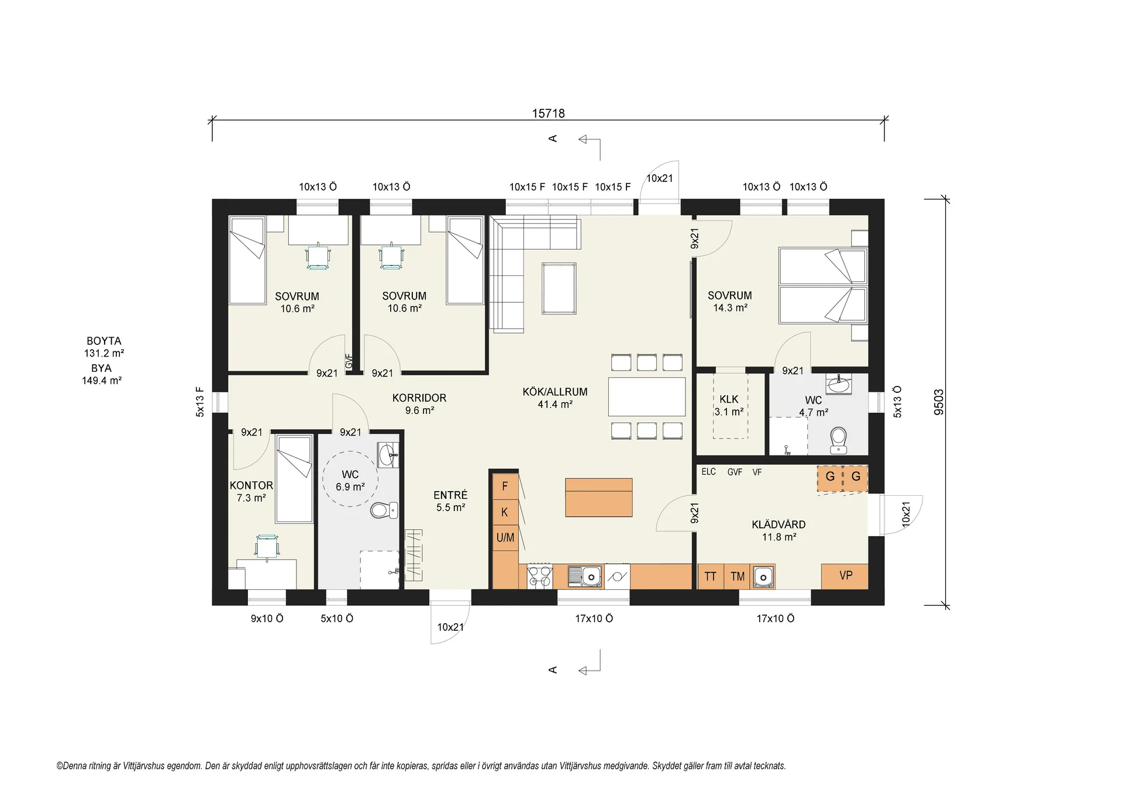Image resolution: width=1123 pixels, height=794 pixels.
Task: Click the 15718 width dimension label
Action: click(x=548, y=113)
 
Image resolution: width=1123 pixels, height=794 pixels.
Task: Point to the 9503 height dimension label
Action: click(x=939, y=402)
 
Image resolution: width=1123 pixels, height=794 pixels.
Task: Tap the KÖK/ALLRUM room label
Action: click(x=555, y=392)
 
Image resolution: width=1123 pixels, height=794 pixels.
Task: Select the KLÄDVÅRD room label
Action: click(x=778, y=524)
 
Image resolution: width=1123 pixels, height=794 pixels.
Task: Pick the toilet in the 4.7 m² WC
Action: click(x=839, y=440)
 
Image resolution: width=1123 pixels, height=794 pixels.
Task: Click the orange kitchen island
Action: click(x=598, y=498)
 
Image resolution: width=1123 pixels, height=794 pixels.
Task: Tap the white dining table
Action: click(x=646, y=396)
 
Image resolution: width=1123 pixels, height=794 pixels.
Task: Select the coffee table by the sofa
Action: click(x=559, y=288)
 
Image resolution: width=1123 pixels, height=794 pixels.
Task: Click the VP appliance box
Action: click(x=845, y=576)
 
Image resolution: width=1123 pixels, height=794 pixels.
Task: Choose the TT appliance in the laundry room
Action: click(x=711, y=576)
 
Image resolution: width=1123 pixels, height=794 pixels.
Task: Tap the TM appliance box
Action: click(x=738, y=576)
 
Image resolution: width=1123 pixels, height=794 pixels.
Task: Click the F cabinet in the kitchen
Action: click(x=505, y=486)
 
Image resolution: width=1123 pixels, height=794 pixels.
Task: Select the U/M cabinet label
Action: click(x=505, y=537)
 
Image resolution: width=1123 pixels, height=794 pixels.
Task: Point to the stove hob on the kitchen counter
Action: click(x=540, y=576)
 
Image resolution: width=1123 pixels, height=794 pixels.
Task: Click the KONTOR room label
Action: click(x=252, y=485)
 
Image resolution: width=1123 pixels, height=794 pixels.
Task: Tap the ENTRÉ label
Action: click(x=450, y=495)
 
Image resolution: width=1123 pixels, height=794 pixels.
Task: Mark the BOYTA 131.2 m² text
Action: click(x=104, y=347)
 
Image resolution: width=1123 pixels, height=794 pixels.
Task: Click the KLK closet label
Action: click(x=729, y=399)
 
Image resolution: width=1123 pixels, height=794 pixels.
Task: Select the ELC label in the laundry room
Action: click(x=708, y=472)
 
